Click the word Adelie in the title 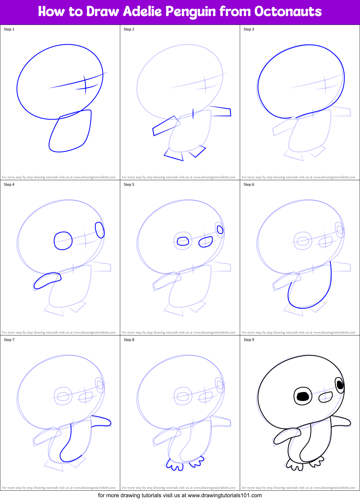click(143, 12)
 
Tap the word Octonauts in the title click(288, 12)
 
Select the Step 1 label click(9, 29)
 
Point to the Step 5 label click(129, 185)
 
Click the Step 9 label click(249, 340)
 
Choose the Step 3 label click(249, 29)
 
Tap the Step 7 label click(9, 340)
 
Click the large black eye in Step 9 click(303, 396)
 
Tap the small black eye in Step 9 click(340, 385)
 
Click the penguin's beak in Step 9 click(326, 397)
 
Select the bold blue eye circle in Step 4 click(63, 241)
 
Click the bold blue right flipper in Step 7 click(102, 421)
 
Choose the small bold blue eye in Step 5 click(220, 230)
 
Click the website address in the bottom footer click(225, 495)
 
